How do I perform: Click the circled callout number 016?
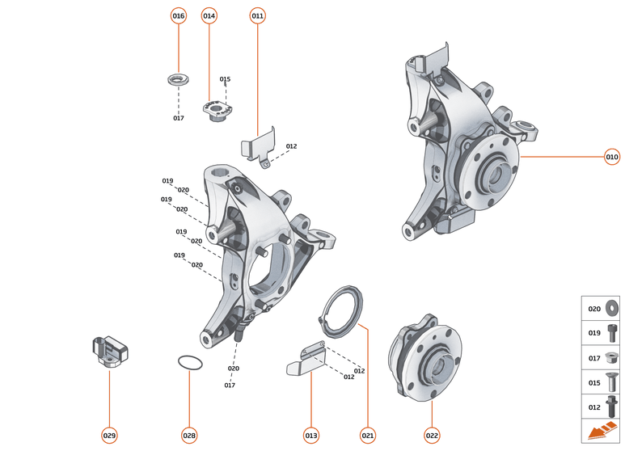click(179, 15)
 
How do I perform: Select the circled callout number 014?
click(209, 15)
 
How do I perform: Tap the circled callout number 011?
click(258, 15)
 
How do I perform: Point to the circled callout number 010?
click(612, 157)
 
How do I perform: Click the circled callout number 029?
click(109, 436)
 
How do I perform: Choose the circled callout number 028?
click(189, 436)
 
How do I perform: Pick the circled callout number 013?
click(311, 436)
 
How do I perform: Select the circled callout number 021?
click(369, 436)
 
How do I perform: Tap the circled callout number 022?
click(432, 436)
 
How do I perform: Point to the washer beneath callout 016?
click(177, 80)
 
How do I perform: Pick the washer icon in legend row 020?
click(610, 308)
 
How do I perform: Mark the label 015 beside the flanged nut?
click(225, 79)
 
